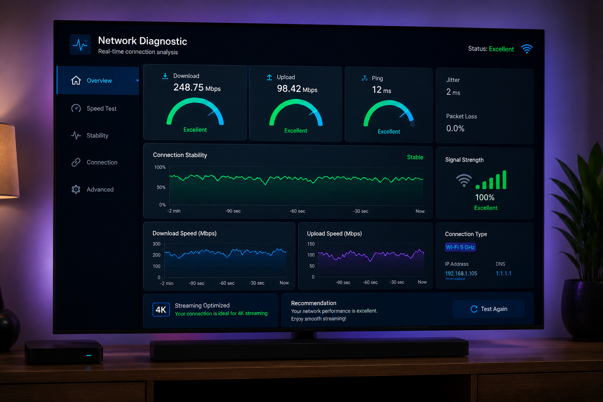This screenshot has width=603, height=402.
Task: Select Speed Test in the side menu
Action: click(102, 108)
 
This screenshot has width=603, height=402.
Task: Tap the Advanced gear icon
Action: click(76, 189)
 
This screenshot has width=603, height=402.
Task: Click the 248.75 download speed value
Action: click(188, 87)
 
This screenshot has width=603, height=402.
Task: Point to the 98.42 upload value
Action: click(289, 89)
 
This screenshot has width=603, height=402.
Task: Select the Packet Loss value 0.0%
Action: click(455, 128)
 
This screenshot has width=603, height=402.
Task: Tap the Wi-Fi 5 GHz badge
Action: click(460, 247)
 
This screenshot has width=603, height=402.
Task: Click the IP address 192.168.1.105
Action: click(461, 274)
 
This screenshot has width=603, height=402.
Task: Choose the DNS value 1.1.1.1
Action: click(503, 273)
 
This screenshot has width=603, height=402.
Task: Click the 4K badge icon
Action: click(161, 310)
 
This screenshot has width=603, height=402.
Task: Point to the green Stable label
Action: click(415, 157)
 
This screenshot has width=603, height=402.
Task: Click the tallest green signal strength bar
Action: click(504, 179)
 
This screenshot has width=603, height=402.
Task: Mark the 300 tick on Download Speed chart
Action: click(156, 244)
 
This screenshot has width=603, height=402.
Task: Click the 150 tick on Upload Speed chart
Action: click(311, 244)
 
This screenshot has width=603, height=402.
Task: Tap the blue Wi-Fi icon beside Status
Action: click(526, 49)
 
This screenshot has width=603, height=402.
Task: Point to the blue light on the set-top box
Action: click(89, 355)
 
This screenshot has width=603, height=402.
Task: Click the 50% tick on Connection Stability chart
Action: click(161, 187)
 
